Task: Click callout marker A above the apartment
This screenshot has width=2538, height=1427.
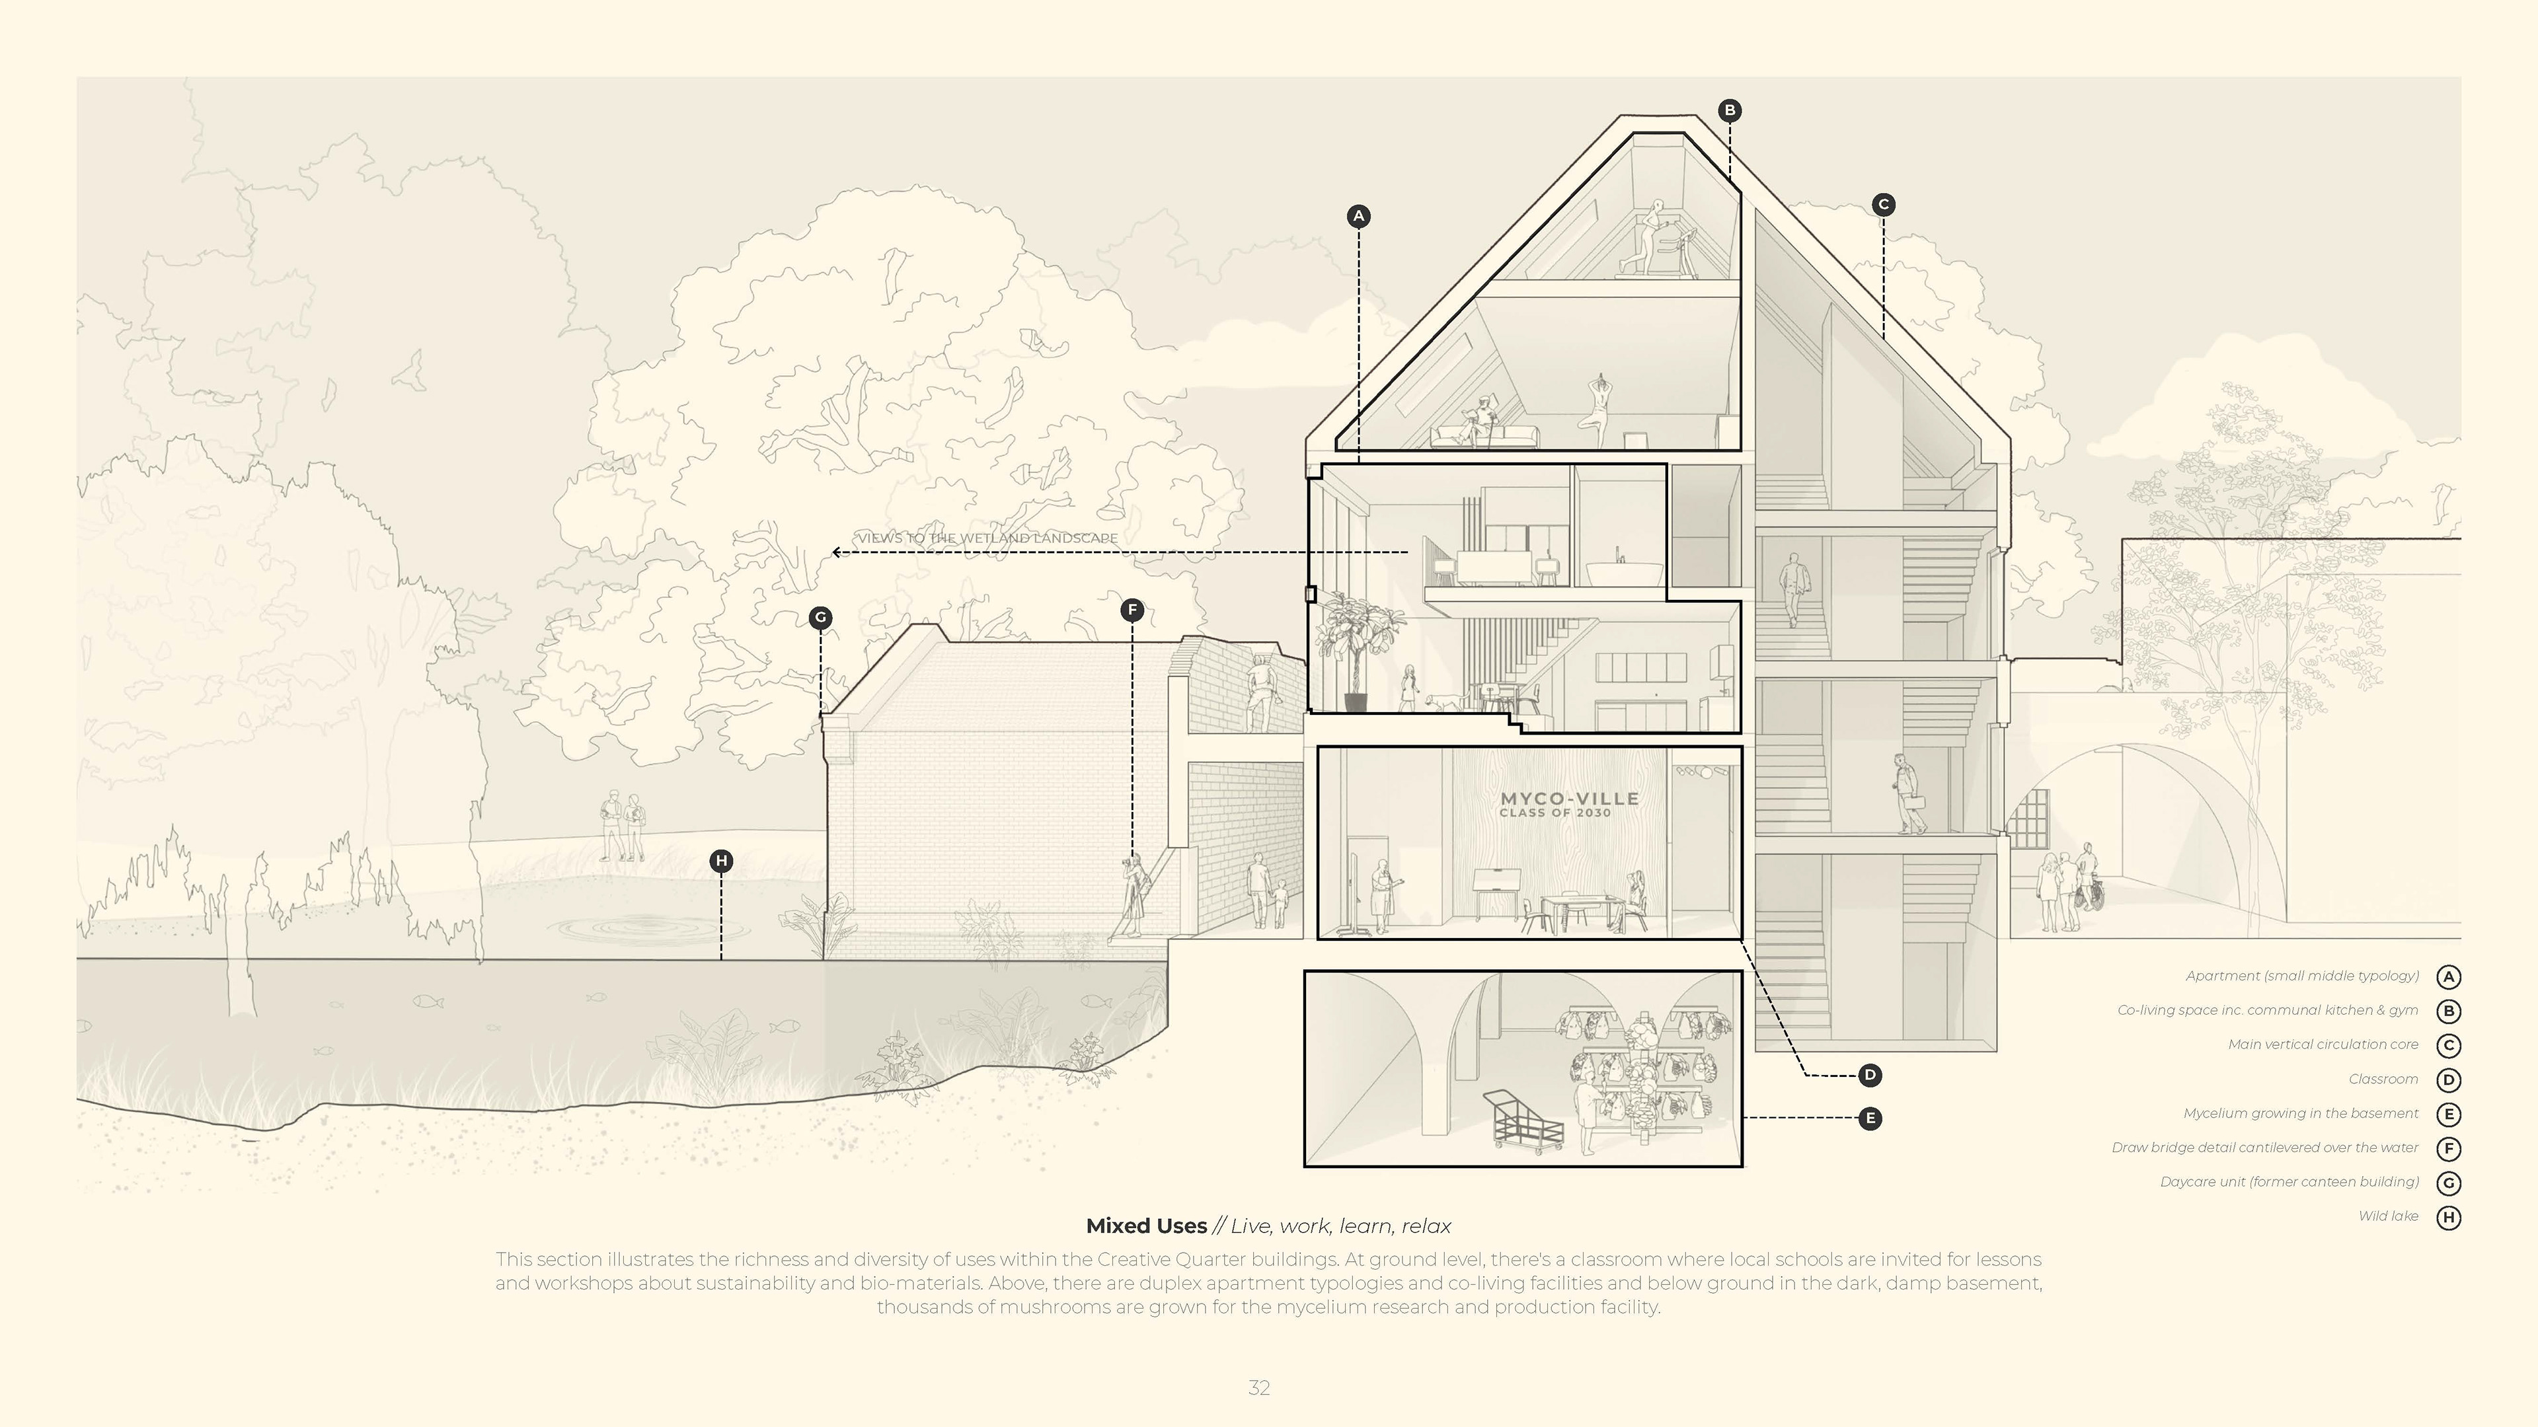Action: point(1359,215)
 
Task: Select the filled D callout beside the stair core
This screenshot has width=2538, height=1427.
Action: point(1869,1076)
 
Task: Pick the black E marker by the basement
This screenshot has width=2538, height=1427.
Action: point(1869,1118)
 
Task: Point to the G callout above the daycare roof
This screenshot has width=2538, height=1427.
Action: point(820,618)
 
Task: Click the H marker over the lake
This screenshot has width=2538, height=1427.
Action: point(721,861)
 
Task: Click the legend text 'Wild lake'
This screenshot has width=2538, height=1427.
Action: point(2387,1216)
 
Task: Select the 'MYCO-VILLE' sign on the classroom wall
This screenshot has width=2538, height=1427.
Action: point(1568,799)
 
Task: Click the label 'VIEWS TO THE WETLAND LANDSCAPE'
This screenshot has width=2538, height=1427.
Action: point(987,538)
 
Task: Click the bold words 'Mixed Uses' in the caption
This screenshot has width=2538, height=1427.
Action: point(1146,1226)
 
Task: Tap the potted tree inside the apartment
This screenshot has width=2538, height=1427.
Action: point(1358,650)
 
